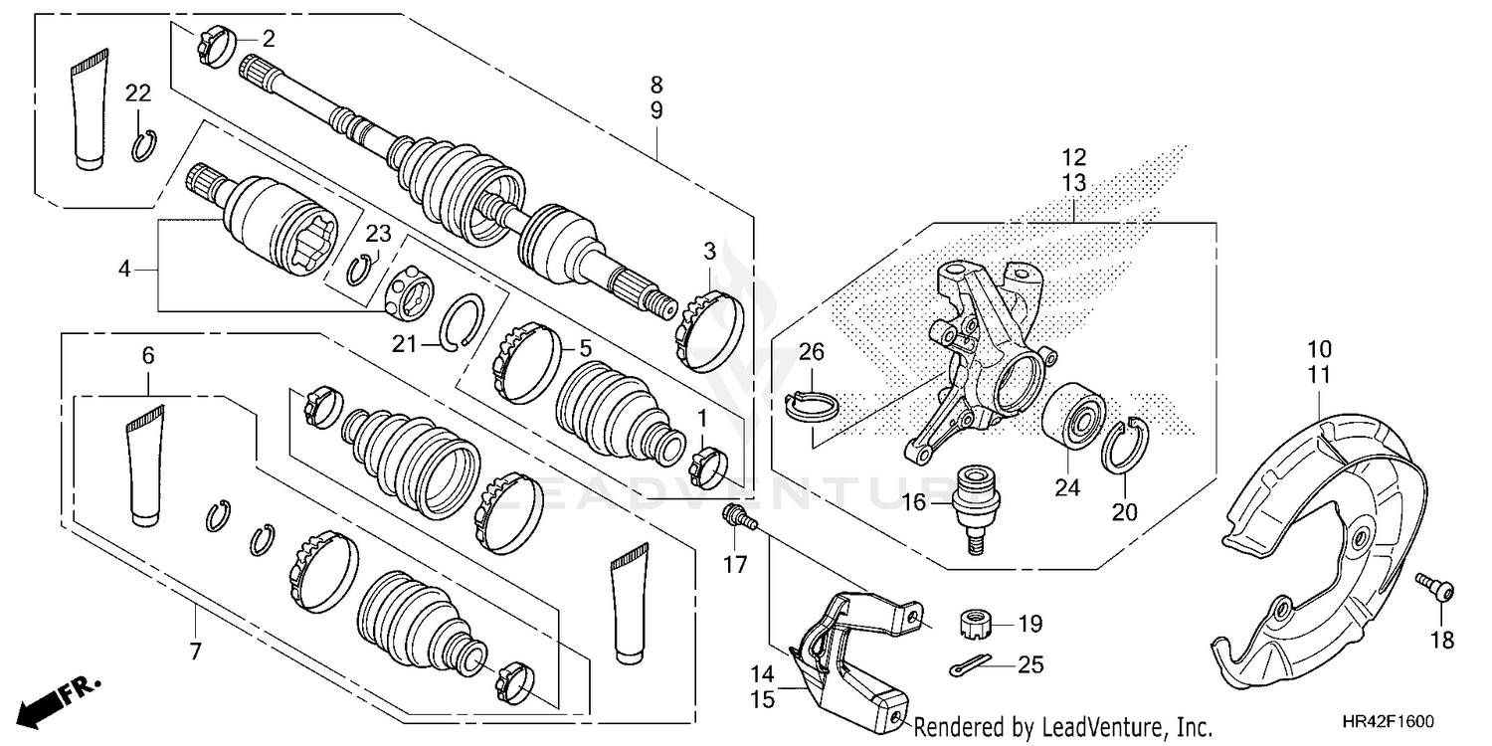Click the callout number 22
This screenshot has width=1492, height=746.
(x=138, y=93)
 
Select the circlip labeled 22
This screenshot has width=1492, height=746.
(x=144, y=147)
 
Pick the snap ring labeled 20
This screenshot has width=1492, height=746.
(x=1126, y=443)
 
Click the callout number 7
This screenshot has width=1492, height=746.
(x=195, y=653)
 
